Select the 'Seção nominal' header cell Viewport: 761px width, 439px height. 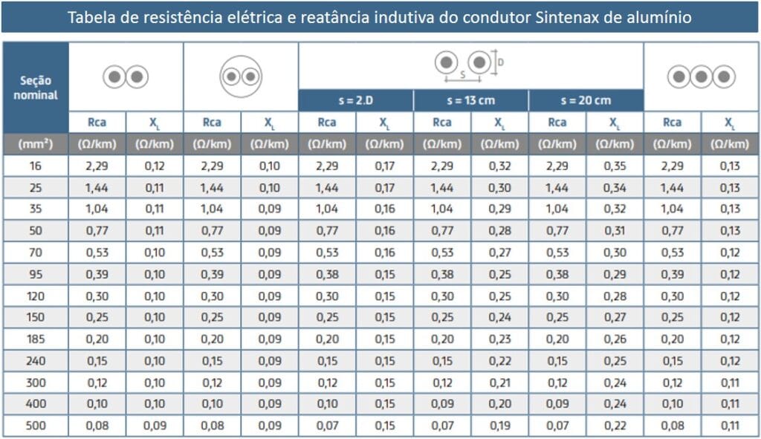36,88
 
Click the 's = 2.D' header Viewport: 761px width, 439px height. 355,100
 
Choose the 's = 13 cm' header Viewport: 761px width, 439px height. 470,100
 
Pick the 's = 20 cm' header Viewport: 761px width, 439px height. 586,100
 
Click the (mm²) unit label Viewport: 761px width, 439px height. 36,143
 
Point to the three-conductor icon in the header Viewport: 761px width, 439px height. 701,77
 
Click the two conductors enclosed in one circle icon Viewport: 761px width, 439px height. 241,77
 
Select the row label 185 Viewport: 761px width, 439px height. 36,339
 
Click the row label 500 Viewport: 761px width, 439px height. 36,426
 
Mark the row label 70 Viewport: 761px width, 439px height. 36,253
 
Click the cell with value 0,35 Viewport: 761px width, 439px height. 615,166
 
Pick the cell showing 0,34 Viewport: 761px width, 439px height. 615,187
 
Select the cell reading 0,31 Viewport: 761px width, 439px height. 615,231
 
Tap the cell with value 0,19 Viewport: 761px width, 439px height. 499,426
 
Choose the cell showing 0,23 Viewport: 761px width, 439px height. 499,339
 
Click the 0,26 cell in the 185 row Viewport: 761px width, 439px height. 615,339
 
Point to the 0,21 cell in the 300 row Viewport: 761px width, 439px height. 499,383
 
